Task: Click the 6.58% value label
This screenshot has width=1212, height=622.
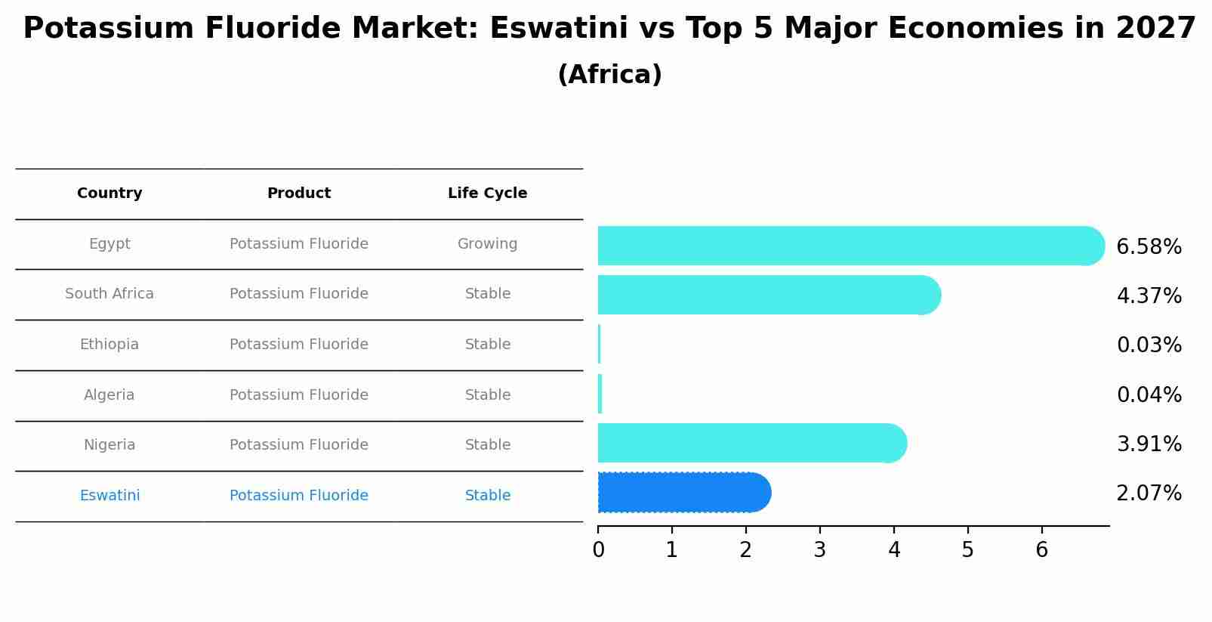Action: [1149, 247]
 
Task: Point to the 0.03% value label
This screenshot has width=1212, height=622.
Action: [1149, 345]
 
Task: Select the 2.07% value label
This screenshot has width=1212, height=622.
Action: [1149, 494]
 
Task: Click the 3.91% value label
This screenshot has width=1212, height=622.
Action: [1149, 444]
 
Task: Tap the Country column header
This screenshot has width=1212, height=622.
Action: [109, 193]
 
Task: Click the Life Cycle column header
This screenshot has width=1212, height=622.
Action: [487, 193]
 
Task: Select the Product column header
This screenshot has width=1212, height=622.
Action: [299, 193]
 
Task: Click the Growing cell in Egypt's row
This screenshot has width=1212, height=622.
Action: [487, 244]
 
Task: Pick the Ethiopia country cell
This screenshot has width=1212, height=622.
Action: [109, 345]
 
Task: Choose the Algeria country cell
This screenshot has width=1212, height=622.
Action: [109, 395]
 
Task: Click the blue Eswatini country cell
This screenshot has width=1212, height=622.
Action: [109, 496]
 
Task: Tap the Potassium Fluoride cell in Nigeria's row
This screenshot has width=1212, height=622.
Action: [299, 445]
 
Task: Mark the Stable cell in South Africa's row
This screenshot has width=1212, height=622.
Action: [487, 294]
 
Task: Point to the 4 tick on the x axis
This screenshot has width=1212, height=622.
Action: [894, 549]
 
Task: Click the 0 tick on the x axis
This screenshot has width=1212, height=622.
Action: [598, 549]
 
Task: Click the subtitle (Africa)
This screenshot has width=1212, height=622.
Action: [609, 75]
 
